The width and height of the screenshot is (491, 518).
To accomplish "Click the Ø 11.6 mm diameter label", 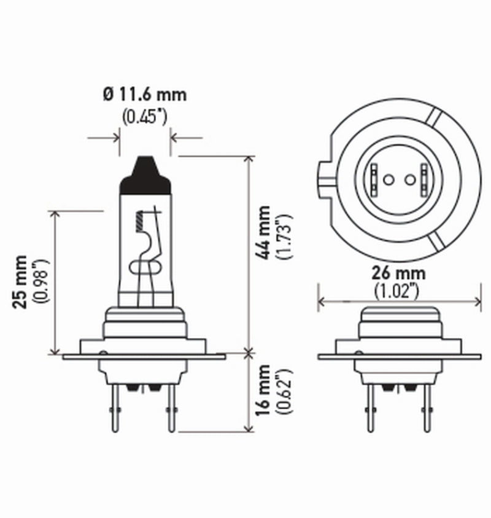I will (x=145, y=95).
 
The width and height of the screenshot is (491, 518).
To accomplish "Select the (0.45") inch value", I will (x=145, y=116).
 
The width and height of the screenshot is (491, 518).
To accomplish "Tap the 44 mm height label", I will (x=264, y=233).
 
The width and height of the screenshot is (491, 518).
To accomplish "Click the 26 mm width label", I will (x=399, y=273).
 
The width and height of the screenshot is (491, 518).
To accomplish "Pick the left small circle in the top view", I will (x=387, y=180).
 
